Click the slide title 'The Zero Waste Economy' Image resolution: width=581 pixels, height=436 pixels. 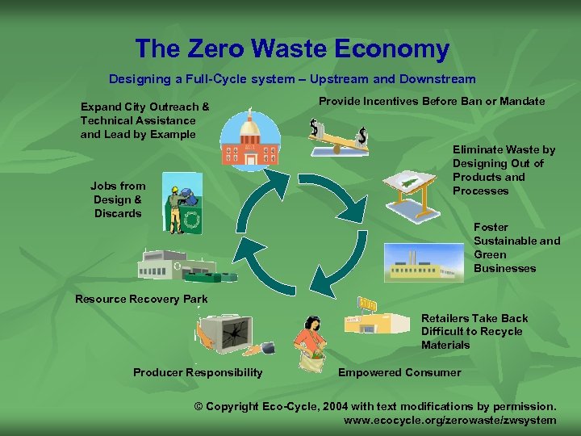point(292,49)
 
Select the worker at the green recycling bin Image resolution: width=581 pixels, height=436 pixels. point(182,202)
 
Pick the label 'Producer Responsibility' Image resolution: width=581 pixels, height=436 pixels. point(198,372)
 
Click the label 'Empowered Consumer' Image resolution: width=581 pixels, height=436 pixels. point(399,372)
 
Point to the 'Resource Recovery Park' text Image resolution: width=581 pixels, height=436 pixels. point(141,299)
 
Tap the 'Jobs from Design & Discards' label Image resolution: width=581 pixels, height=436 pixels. point(118,199)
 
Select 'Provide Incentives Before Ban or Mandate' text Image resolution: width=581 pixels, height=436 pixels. point(432,101)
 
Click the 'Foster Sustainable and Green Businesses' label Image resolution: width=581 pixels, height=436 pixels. point(516,248)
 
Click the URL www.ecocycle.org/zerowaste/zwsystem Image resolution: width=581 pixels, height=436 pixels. point(449,420)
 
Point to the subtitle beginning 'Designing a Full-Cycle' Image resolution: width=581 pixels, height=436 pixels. point(292,79)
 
